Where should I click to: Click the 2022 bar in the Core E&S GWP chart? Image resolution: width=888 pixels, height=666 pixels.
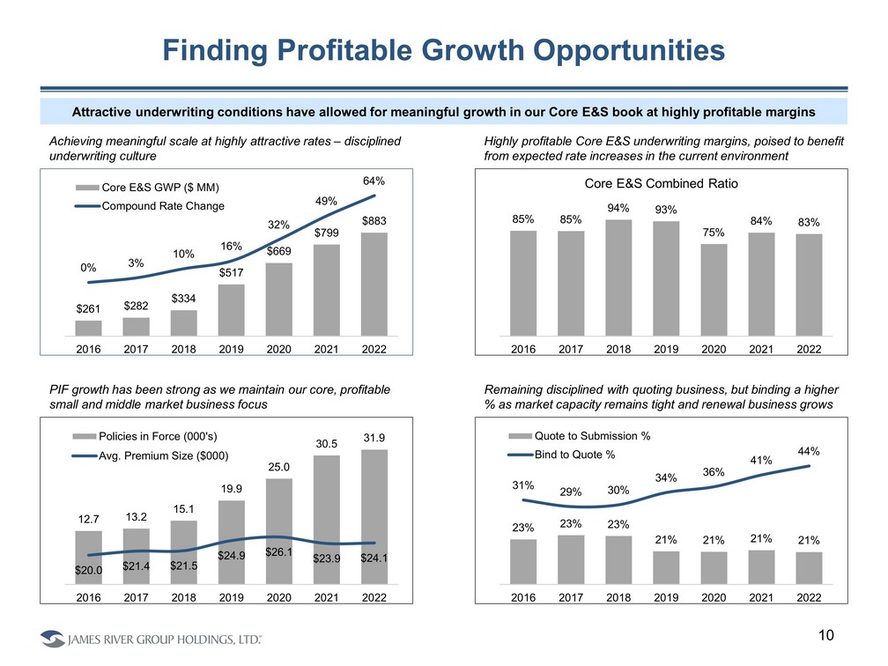pos(375,284)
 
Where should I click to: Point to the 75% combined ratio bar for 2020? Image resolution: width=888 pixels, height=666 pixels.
pos(714,290)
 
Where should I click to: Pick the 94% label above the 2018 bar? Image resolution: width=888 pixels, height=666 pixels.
pos(618,209)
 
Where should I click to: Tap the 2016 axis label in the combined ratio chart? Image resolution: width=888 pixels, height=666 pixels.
pos(523,349)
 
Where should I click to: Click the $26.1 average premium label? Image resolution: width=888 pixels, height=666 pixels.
pos(279,553)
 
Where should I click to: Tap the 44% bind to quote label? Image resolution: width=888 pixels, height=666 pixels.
pos(809,451)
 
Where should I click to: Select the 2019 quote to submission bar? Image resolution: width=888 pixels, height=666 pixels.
pos(666,567)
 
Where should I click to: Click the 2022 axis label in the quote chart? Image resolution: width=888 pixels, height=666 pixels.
pos(809,597)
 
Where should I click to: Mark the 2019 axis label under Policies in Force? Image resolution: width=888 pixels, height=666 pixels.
pos(232,597)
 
